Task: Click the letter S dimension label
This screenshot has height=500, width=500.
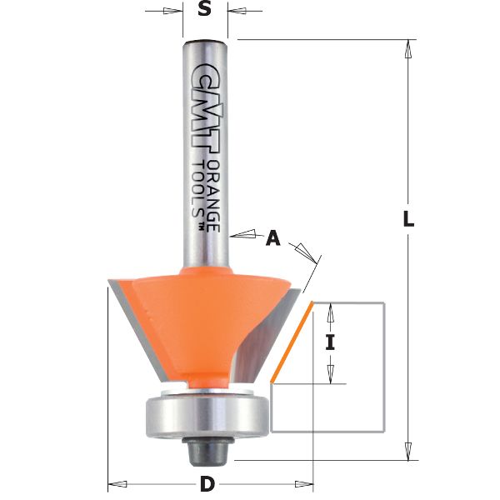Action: pyautogui.click(x=205, y=12)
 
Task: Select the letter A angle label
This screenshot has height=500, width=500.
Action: pyautogui.click(x=272, y=239)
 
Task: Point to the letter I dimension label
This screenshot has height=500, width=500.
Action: pyautogui.click(x=330, y=342)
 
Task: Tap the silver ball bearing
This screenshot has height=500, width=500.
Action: pyautogui.click(x=205, y=413)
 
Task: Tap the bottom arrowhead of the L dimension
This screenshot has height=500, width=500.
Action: pyautogui.click(x=407, y=451)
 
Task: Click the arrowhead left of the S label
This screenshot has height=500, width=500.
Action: pyautogui.click(x=173, y=12)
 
